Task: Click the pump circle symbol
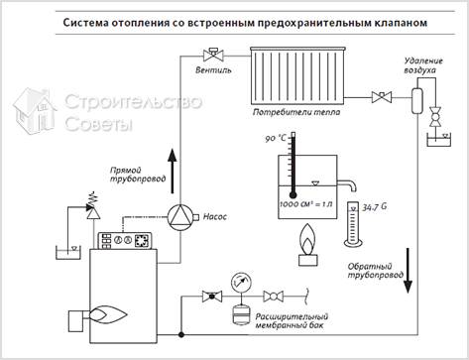[x=179, y=215]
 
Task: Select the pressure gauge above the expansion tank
[x=239, y=282]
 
